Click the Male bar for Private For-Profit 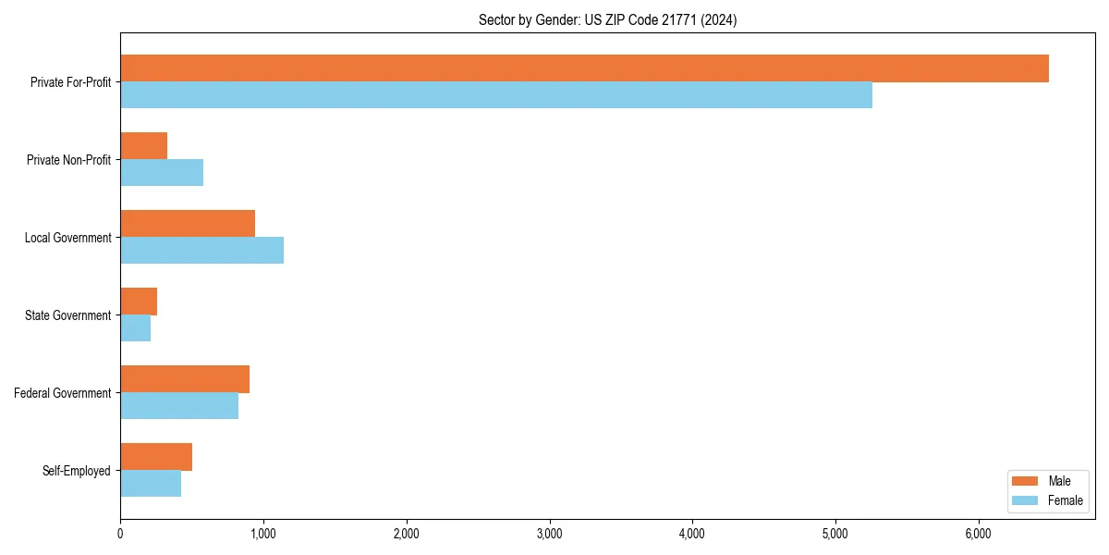[584, 68]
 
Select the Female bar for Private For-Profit [496, 95]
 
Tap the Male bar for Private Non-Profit [143, 146]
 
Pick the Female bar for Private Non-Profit [162, 173]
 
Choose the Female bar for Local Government [201, 251]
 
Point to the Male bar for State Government [139, 302]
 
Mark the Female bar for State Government [135, 328]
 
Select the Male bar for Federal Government [185, 379]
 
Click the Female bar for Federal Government [179, 406]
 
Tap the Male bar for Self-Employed [156, 457]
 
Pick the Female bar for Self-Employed [151, 484]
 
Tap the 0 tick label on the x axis [120, 534]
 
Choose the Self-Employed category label [76, 471]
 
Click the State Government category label [67, 315]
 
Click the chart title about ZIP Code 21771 [607, 20]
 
